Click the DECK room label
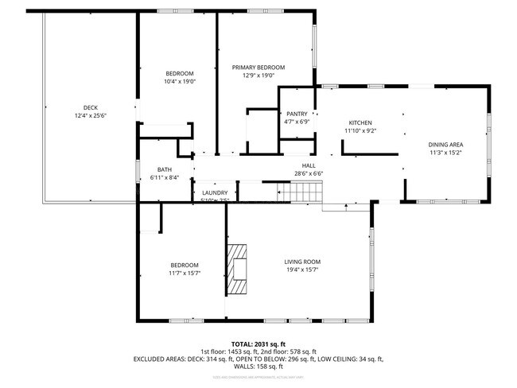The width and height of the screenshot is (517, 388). pos(91,108)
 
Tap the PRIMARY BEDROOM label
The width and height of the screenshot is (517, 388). pos(258,68)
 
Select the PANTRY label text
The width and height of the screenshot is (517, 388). pos(297,114)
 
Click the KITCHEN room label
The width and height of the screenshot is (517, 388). pos(360,122)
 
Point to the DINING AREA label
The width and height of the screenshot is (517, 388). pos(446,144)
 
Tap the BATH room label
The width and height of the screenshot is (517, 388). pos(165,169)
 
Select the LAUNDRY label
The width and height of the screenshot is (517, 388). pos(216,192)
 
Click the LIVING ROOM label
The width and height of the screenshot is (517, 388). pos(302,262)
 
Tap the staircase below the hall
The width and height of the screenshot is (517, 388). pos(301,192)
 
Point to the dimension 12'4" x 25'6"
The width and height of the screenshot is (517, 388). pos(91,116)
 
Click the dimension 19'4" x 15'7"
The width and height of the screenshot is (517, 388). pos(302,270)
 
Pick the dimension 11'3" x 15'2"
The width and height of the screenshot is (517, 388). pos(446,152)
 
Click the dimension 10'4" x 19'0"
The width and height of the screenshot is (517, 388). pos(180,81)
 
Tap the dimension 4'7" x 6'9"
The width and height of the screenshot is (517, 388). pos(297,122)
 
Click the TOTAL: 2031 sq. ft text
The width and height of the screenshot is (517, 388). pos(258,343)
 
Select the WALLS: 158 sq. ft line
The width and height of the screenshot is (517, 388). pos(258,367)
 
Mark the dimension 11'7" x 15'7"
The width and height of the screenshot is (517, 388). pos(185,274)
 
